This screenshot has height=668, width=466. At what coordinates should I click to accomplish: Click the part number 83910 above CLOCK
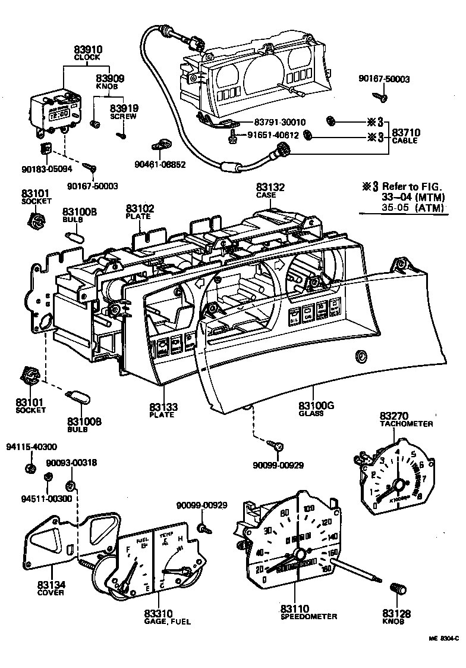pyautogui.click(x=87, y=50)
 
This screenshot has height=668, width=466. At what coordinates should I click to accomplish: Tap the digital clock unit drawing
pyautogui.click(x=55, y=114)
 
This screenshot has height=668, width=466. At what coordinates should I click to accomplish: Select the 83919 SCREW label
pyautogui.click(x=124, y=111)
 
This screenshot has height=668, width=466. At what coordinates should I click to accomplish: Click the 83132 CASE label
pyautogui.click(x=270, y=191)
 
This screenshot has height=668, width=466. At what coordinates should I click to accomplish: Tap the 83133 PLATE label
pyautogui.click(x=162, y=410)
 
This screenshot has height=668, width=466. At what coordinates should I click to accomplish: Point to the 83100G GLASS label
pyautogui.click(x=316, y=409)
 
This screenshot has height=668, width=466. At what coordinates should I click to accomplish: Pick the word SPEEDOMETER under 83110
pyautogui.click(x=308, y=617)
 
